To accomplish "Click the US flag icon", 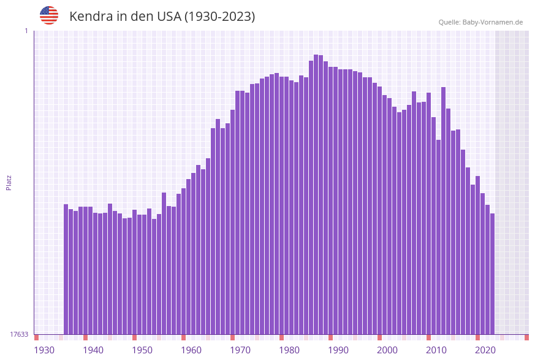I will pos(49,15).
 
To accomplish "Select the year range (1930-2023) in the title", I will pos(219,17).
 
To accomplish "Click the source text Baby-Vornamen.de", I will pos(492,22).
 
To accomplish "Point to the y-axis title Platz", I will pos(9,182).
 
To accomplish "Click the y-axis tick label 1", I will pos(26,31).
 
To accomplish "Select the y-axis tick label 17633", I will pos(19,334).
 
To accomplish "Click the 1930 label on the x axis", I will pos(44,350).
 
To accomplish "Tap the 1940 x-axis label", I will pos(93,350).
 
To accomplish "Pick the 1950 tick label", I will pos(142,350).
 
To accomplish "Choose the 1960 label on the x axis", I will pos(191,350).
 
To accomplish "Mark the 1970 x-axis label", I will pos(240,350).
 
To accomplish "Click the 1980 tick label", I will pos(289,350).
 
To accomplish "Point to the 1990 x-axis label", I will pos(338,350).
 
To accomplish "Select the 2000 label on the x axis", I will pos(387,350).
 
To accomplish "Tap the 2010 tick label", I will pos(436,350).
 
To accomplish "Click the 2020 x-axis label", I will pos(485,350).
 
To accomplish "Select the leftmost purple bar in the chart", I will pos(66,269).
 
